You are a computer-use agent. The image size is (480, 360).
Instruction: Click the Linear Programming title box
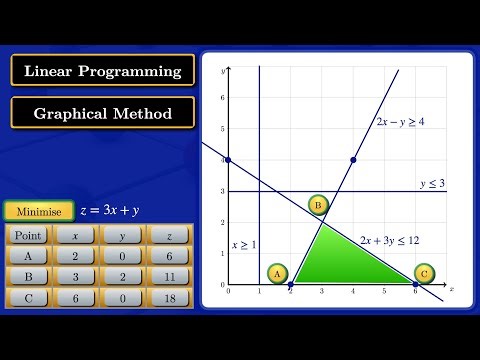[x=103, y=71]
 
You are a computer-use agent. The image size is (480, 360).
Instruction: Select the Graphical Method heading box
[x=103, y=113]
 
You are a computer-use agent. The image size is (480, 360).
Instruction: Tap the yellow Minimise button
[x=39, y=211]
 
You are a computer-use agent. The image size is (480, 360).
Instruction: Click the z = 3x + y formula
[x=109, y=211]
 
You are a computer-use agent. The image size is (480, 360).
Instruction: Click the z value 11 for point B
[x=168, y=277]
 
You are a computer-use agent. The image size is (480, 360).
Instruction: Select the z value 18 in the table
[x=168, y=298]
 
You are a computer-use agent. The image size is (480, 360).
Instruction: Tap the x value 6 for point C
[x=75, y=298]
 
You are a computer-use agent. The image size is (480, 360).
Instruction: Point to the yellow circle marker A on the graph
[x=277, y=273]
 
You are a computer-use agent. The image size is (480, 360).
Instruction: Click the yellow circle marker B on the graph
[x=318, y=206]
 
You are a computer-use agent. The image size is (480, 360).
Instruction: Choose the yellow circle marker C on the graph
[x=423, y=273]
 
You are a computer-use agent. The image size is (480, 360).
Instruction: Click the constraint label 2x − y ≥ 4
[x=400, y=121]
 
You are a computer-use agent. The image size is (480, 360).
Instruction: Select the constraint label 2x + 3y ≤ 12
[x=389, y=240]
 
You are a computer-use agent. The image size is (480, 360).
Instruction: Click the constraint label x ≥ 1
[x=244, y=244]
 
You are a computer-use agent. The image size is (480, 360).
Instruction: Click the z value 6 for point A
[x=168, y=256]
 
